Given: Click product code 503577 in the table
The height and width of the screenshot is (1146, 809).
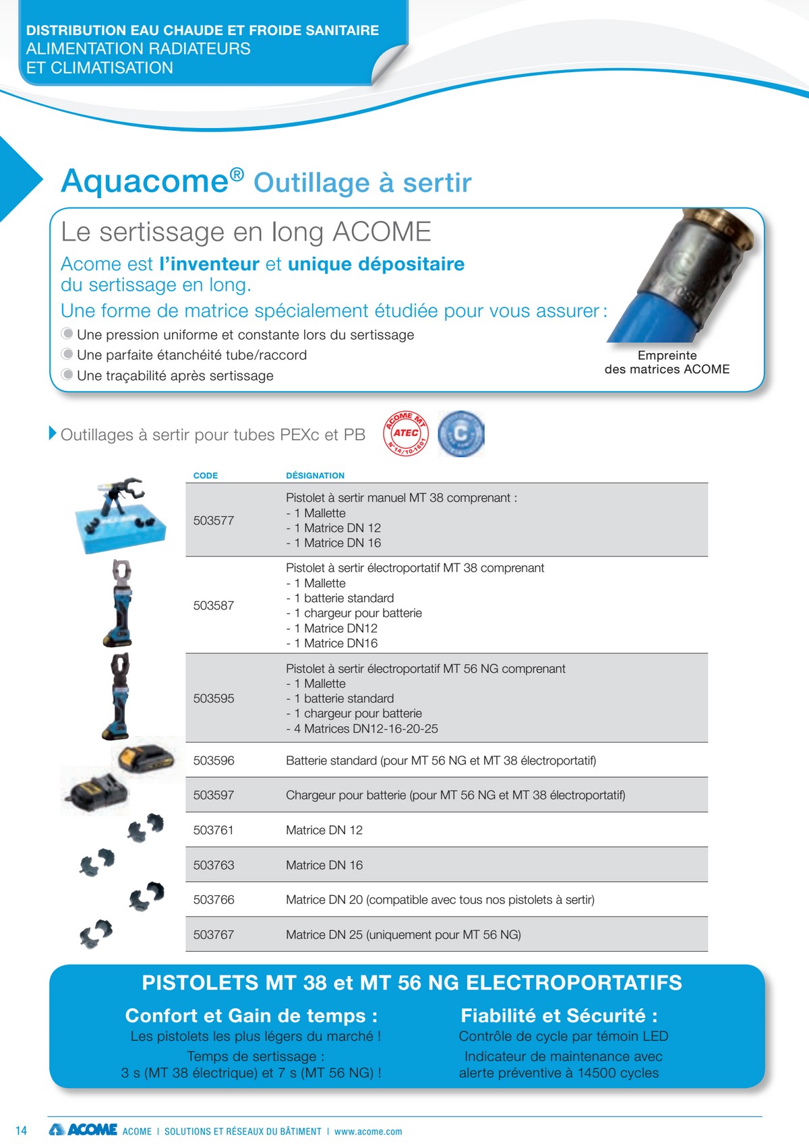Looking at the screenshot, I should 214,520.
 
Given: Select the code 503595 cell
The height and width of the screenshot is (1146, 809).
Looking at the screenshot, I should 214,698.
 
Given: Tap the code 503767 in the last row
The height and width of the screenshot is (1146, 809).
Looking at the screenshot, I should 214,934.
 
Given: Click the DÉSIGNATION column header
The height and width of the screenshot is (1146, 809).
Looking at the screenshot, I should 315,475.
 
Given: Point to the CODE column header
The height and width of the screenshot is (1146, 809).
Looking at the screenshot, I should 206,475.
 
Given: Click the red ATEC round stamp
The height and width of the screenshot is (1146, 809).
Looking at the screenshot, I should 406,433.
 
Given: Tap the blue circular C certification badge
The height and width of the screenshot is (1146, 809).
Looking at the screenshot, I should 461,433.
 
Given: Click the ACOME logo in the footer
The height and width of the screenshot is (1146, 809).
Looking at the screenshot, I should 84,1129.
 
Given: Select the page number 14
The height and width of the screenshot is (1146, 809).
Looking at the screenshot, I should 21,1130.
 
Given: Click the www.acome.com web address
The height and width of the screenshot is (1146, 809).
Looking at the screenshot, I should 368,1132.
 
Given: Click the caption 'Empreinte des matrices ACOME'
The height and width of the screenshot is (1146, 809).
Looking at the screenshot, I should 667,362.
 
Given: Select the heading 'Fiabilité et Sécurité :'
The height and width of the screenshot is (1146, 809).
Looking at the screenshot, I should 559,1015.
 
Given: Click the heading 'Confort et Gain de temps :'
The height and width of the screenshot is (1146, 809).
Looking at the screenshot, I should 251,1015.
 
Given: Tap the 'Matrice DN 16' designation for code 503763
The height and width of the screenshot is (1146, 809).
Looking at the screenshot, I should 324,865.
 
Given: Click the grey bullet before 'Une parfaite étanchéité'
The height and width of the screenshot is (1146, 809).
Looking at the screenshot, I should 67,354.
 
